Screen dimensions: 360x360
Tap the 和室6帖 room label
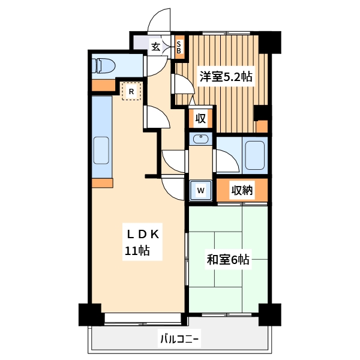[x=228, y=260]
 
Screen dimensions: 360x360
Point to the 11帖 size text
[x=137, y=251]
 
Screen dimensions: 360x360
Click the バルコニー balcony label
[x=179, y=340]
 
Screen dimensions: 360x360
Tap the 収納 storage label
[x=242, y=190]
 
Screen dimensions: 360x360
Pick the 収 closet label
[x=200, y=118]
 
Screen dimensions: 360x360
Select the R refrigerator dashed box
[x=131, y=92]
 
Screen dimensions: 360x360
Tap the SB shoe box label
[x=178, y=47]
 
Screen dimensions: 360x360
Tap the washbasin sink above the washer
[x=202, y=140]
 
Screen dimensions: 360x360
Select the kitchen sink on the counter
[x=101, y=151]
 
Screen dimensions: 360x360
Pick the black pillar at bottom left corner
[x=90, y=314]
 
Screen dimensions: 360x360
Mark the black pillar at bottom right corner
[x=269, y=314]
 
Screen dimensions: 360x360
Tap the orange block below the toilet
[x=103, y=85]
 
